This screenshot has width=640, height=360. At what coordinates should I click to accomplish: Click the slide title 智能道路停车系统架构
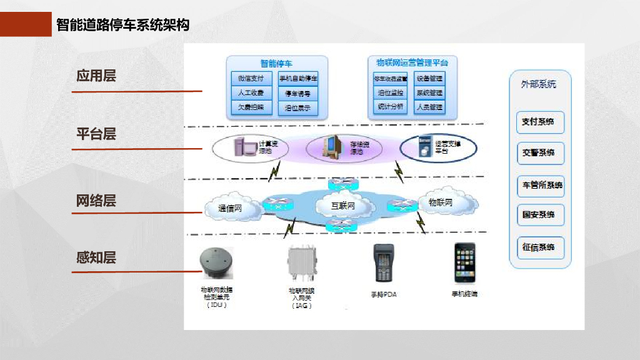click(122, 25)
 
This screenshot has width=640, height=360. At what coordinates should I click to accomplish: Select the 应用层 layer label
click(96, 76)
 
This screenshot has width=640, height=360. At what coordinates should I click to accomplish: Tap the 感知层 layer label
click(96, 257)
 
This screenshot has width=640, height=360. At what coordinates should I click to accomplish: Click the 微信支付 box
click(251, 79)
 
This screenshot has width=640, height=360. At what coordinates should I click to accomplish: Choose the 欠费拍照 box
click(251, 107)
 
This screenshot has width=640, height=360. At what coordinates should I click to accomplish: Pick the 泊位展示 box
click(298, 107)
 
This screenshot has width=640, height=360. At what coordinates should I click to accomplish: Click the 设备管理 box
click(429, 79)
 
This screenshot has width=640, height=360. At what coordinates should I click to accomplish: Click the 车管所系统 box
click(541, 185)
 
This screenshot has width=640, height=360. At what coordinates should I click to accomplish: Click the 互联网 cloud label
click(343, 205)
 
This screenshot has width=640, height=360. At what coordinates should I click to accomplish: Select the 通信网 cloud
click(231, 208)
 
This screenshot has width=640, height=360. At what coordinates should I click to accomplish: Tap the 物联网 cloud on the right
click(443, 202)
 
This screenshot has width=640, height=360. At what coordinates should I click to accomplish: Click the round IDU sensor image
click(216, 262)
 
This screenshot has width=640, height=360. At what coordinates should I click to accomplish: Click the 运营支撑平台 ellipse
click(437, 147)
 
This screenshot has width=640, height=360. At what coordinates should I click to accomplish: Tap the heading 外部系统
click(538, 84)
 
